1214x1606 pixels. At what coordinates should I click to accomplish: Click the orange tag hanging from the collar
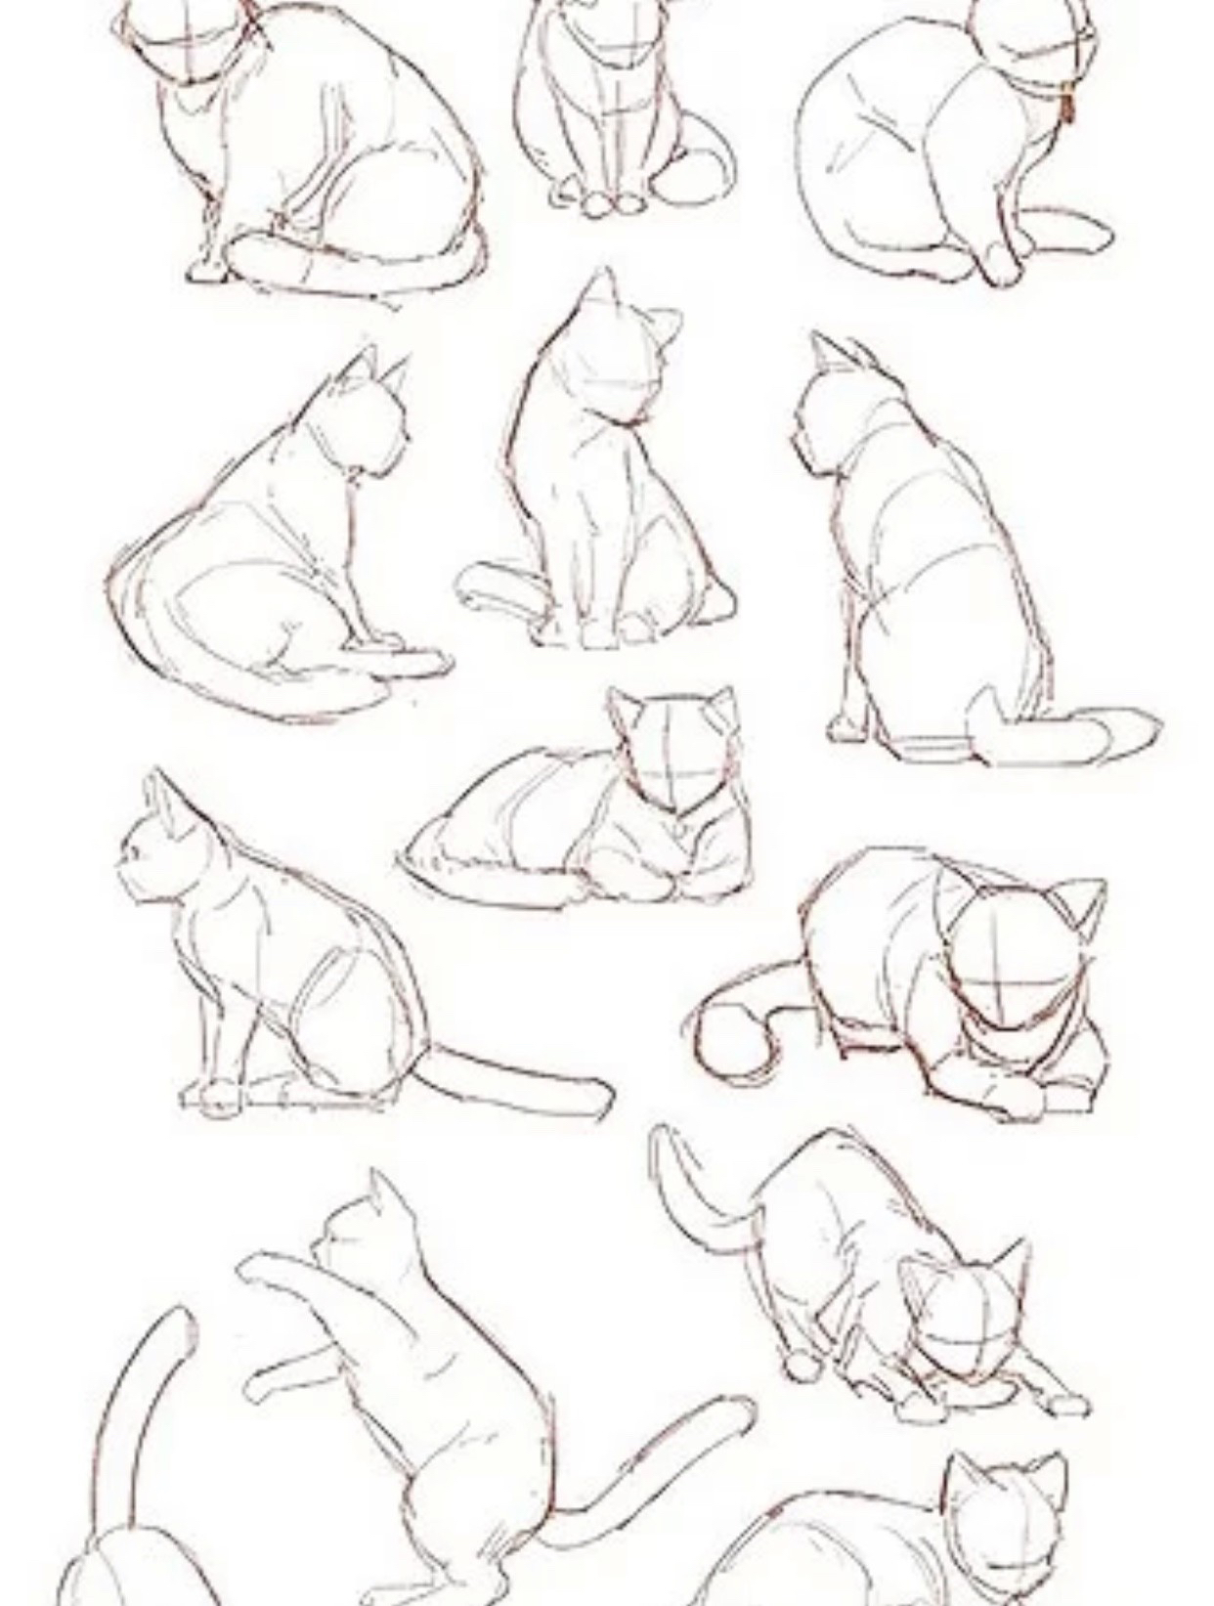click(1067, 108)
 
